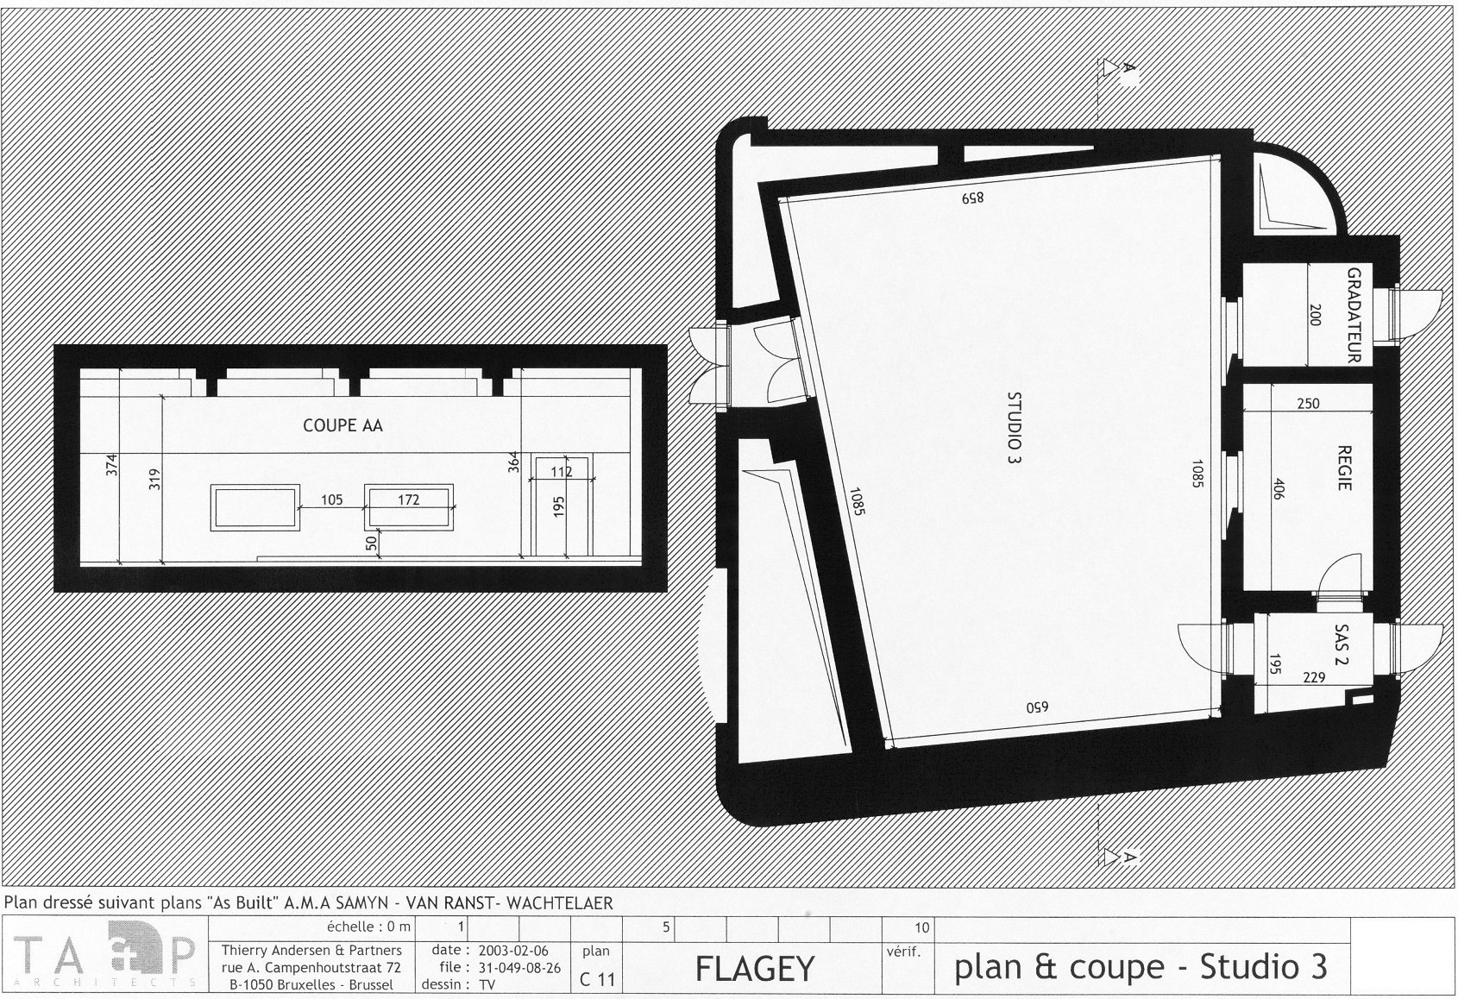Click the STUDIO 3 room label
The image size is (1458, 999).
click(x=1014, y=430)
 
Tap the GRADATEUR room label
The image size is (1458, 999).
click(x=1354, y=315)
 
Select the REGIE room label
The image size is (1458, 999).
click(x=1344, y=468)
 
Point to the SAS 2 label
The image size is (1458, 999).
click(x=1342, y=645)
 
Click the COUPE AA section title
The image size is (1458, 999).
click(x=343, y=425)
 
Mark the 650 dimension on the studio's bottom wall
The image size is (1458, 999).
click(x=1038, y=707)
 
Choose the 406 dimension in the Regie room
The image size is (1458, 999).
click(x=1278, y=489)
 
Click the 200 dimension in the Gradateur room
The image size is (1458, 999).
click(x=1314, y=315)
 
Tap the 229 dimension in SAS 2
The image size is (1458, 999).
click(x=1314, y=677)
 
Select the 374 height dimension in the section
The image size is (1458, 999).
click(x=112, y=465)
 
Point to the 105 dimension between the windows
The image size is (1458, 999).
click(x=332, y=499)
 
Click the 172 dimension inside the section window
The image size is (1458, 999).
click(x=409, y=499)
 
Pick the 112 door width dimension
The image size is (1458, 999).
click(x=562, y=471)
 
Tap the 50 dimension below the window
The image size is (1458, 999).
click(x=371, y=543)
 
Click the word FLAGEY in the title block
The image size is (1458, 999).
click(x=755, y=969)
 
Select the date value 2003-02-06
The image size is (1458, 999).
click(x=513, y=951)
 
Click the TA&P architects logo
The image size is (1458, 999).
click(x=104, y=953)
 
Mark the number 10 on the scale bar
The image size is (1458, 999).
click(x=922, y=927)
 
